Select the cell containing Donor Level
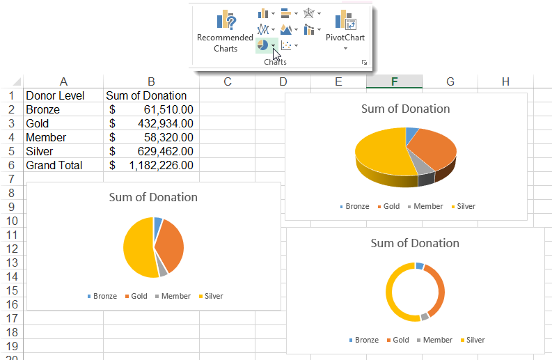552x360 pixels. coord(55,95)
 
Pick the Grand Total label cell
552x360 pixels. coord(54,165)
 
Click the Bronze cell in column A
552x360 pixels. coord(43,109)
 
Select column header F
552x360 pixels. coord(394,81)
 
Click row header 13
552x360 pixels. coord(12,263)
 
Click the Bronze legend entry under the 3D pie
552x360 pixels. coord(354,206)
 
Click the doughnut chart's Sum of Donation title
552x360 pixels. coord(415,243)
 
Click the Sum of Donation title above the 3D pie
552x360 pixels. coord(405,109)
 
